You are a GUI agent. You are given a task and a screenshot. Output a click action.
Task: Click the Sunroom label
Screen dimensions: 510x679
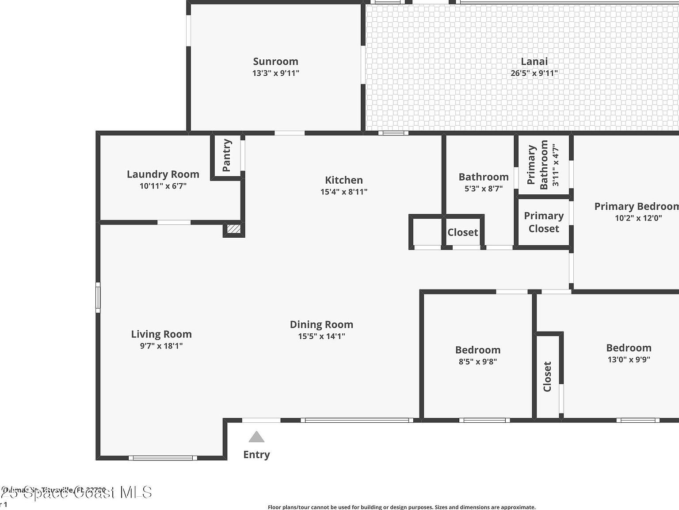click(275, 62)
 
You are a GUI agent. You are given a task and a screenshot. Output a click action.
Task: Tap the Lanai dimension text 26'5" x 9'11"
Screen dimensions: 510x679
click(534, 73)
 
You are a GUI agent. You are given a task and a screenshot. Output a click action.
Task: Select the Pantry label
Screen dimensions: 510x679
click(227, 155)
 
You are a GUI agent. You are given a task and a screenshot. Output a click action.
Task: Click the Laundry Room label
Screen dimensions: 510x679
click(163, 174)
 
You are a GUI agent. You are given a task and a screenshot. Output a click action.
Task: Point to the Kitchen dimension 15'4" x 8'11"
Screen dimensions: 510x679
click(344, 192)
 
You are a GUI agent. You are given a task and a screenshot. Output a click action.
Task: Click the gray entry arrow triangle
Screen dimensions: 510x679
click(256, 437)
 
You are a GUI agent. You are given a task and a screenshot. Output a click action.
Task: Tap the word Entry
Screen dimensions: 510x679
click(256, 455)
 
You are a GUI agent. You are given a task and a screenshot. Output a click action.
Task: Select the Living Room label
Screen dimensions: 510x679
click(161, 334)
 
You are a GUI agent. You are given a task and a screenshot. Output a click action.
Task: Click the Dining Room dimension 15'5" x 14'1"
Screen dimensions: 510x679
click(321, 336)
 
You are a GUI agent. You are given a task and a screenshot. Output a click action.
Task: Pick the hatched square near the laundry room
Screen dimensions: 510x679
click(233, 229)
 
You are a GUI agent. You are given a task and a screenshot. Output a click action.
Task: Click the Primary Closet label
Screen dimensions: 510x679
click(544, 222)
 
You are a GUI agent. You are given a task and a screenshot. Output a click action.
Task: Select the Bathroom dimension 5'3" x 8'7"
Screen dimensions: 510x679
click(484, 189)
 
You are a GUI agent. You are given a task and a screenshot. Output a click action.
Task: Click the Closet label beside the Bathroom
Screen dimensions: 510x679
click(463, 232)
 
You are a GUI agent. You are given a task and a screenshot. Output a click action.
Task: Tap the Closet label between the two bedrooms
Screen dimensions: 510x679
click(547, 377)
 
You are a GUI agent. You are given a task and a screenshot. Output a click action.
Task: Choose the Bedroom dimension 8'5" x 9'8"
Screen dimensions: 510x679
click(478, 361)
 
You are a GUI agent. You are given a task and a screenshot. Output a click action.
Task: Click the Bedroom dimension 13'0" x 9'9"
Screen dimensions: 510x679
click(629, 359)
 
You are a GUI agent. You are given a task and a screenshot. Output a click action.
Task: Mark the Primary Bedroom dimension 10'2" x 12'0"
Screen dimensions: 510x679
click(638, 218)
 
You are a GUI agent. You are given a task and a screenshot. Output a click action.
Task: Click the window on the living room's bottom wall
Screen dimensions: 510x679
click(163, 458)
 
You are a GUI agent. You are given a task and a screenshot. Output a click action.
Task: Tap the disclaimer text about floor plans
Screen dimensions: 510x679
click(401, 507)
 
